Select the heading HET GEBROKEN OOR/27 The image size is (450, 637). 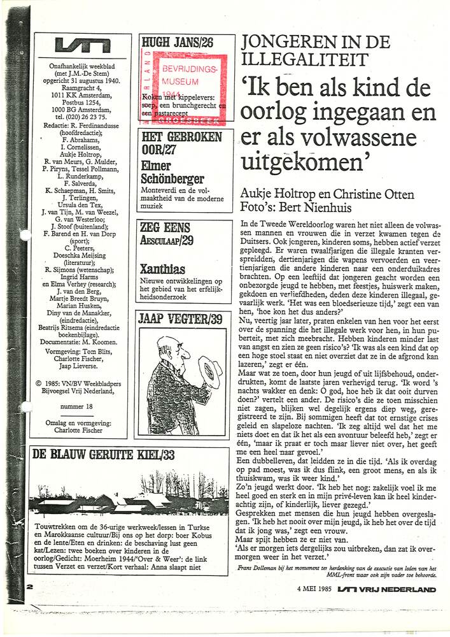[181, 144]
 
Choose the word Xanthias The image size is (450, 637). [162, 269]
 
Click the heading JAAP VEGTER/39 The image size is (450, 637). [180, 318]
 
